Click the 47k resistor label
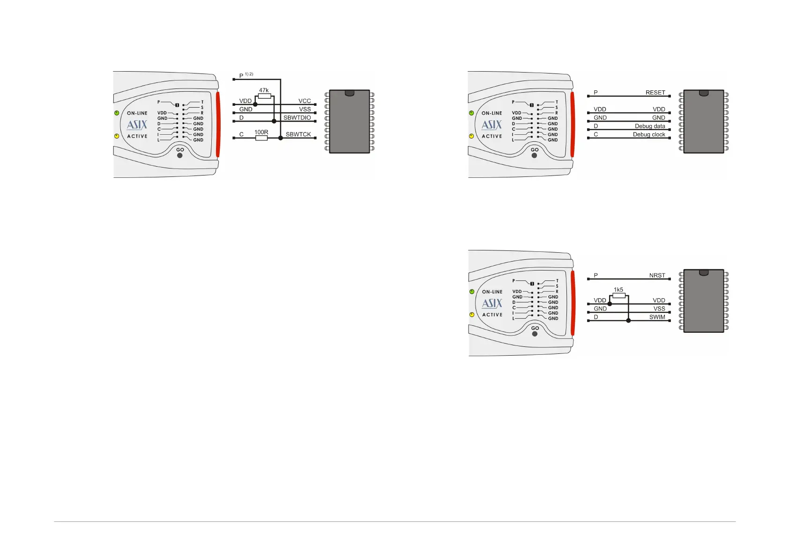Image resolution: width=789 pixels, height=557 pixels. (264, 90)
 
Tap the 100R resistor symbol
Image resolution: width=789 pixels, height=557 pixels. (261, 138)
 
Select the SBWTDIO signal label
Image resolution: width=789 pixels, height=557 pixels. (297, 117)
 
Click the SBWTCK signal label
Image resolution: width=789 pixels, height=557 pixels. (298, 134)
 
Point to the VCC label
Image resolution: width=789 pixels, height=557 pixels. (305, 101)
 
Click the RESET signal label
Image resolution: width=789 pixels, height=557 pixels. (655, 93)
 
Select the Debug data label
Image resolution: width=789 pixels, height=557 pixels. (650, 126)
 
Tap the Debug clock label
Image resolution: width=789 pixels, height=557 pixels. (649, 134)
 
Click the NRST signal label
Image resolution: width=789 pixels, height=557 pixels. (657, 276)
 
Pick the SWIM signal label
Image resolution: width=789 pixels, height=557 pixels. (657, 317)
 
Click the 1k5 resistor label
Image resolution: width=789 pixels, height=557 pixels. (618, 290)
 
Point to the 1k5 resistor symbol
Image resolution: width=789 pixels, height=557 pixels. (619, 296)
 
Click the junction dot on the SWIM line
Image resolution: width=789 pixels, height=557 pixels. (628, 321)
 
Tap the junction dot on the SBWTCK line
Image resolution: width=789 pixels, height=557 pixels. (281, 138)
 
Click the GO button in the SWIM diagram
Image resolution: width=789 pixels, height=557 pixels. (535, 334)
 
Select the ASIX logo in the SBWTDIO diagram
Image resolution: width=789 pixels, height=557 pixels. (137, 125)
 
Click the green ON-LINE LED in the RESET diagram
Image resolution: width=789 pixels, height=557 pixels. (471, 113)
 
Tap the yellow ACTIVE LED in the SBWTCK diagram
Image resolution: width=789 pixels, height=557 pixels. (117, 136)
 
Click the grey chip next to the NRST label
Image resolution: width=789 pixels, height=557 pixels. (704, 301)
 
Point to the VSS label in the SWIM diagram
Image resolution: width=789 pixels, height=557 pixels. (659, 309)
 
